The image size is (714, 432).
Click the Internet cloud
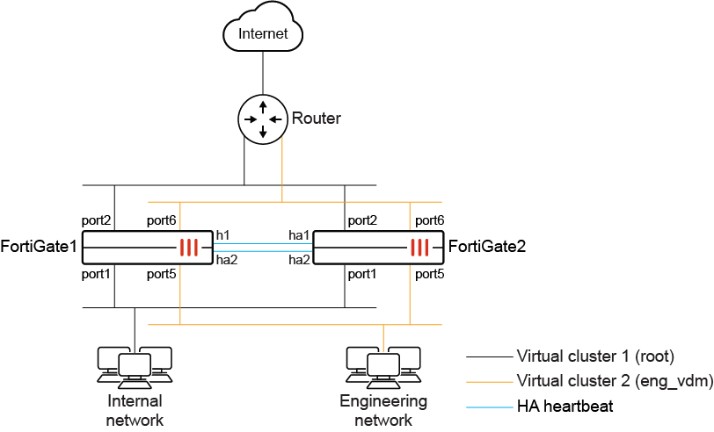tap(264, 34)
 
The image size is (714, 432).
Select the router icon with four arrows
tap(263, 119)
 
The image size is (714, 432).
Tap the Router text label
tap(316, 119)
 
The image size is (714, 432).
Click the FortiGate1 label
tap(40, 248)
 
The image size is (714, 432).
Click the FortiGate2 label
tap(487, 248)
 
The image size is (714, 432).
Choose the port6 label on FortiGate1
tap(162, 220)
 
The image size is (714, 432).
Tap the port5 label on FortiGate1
tap(162, 275)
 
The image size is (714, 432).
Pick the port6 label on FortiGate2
tap(429, 220)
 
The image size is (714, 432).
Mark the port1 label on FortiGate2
tap(361, 275)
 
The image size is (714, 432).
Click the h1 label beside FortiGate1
tap(222, 234)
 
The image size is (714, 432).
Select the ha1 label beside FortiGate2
tap(298, 234)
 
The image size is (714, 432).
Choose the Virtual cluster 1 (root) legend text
tap(595, 356)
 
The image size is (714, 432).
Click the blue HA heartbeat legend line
tap(487, 407)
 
